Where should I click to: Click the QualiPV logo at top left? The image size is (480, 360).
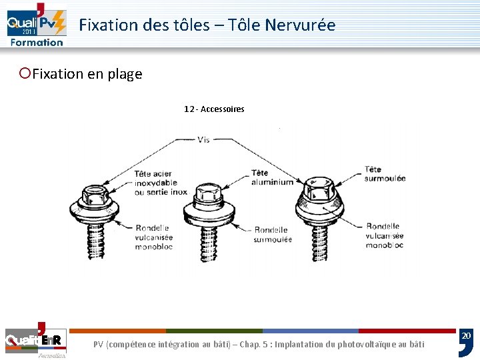tap(37, 25)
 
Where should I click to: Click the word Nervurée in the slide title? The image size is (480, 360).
tap(300, 25)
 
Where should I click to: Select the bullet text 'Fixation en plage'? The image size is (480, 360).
tap(87, 74)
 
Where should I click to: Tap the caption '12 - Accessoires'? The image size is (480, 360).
tap(214, 109)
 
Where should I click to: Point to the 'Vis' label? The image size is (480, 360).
tap(203, 140)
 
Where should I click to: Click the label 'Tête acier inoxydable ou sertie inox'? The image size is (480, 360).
tap(161, 183)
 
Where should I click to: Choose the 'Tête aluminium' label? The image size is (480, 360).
tap(272, 177)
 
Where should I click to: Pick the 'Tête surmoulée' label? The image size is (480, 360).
tap(385, 173)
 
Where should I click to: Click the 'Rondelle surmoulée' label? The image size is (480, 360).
tap(273, 235)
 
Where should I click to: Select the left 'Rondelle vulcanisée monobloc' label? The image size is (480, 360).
tap(153, 237)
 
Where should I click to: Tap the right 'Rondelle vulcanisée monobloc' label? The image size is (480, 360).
tap(384, 235)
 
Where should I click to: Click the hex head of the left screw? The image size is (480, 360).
tap(95, 195)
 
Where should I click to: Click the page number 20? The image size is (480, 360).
tap(466, 335)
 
